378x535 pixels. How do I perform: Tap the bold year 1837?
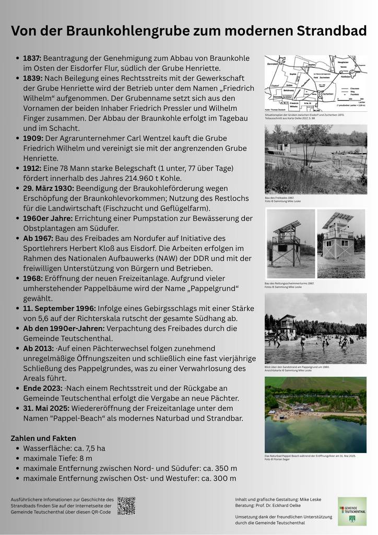[x=32, y=58]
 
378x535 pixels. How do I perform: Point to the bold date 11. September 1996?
[x=59, y=308]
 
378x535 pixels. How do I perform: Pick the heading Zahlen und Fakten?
[x=43, y=438]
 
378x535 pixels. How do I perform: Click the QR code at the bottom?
[x=126, y=506]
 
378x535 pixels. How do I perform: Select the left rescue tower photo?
[x=290, y=243]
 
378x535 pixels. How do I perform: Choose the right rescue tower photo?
[x=341, y=243]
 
